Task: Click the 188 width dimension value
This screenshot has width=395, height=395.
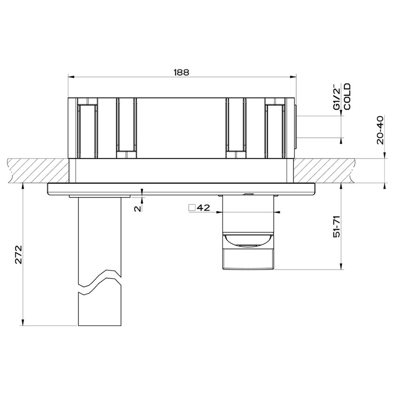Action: coord(182,72)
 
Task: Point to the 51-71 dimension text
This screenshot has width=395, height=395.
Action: coord(338,228)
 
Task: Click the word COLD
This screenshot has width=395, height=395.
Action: coord(347,97)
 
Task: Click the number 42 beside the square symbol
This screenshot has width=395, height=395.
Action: coord(203,208)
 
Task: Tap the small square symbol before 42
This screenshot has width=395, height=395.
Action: coord(191,208)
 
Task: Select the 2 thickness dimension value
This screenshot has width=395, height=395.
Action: coord(137,209)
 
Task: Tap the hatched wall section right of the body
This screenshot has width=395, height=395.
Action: coord(325,171)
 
